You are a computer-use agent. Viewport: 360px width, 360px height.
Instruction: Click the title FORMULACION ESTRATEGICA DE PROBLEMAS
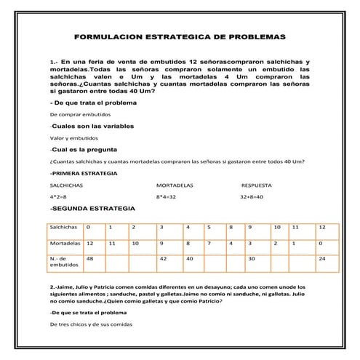(x=180, y=36)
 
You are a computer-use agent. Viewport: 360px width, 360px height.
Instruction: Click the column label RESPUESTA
(x=257, y=186)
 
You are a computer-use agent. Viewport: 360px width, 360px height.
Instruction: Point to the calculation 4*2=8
(x=58, y=197)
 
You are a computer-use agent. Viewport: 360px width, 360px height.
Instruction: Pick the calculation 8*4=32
(x=167, y=197)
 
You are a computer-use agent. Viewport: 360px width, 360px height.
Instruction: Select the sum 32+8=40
(x=252, y=197)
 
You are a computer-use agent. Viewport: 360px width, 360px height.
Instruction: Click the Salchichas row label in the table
(x=65, y=228)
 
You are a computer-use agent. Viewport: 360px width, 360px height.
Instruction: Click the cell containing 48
(x=90, y=259)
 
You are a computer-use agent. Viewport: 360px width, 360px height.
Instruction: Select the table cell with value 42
(x=164, y=259)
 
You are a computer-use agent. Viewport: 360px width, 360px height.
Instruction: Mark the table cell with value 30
(x=252, y=259)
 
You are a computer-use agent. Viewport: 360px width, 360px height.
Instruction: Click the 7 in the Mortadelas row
(x=208, y=243)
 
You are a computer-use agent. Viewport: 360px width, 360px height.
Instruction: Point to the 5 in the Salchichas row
(x=208, y=228)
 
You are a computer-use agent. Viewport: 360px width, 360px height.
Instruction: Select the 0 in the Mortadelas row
(x=321, y=243)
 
